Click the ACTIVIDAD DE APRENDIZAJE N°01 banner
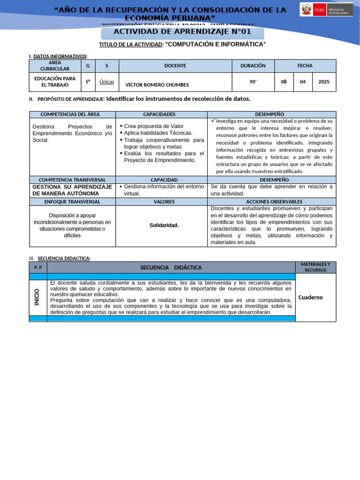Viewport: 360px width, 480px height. point(183,32)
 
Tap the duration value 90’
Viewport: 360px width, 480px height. point(253,82)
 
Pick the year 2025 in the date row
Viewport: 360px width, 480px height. point(324,82)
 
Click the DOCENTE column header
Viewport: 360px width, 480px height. point(175,66)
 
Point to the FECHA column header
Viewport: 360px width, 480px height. point(305,66)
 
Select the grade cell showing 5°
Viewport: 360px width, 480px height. point(88,82)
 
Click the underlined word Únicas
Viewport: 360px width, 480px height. point(107,82)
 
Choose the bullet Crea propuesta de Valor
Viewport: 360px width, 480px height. point(153,126)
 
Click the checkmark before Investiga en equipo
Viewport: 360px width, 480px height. point(213,120)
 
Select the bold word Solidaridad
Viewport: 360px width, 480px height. point(164,225)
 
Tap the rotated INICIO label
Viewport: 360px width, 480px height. point(37,297)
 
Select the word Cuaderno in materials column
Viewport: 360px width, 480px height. point(310,297)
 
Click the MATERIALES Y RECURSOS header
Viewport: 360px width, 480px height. point(315,267)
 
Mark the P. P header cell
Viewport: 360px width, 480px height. point(38,267)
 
